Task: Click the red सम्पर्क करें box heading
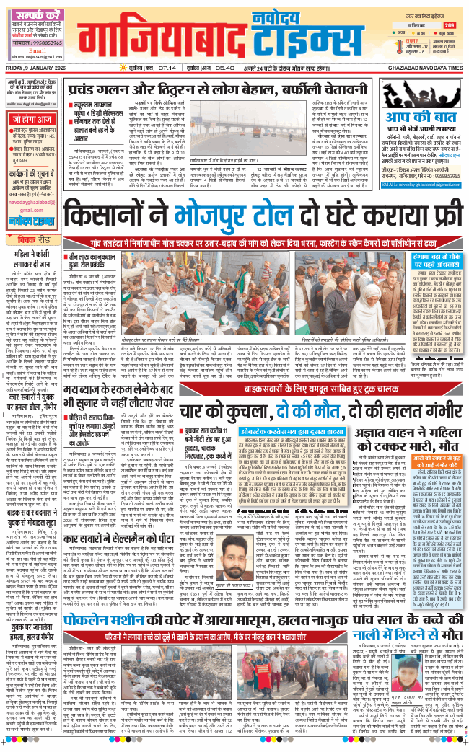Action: point(34,14)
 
